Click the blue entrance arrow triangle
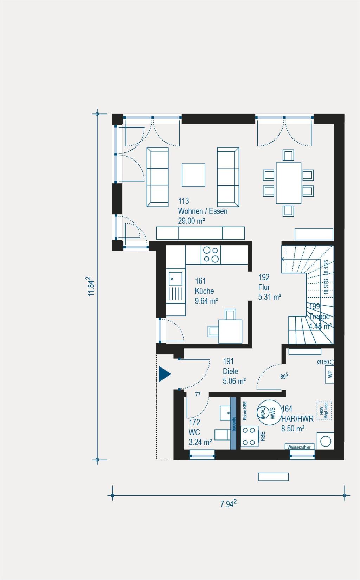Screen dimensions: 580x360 click(164, 374)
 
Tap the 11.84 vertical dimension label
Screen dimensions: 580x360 click(91, 287)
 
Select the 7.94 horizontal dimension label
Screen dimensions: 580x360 click(228, 504)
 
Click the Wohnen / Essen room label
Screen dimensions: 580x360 click(202, 211)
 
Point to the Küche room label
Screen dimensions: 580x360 click(205, 291)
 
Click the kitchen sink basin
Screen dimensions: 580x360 click(175, 279)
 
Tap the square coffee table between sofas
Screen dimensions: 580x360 click(193, 175)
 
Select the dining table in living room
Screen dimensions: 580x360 click(289, 183)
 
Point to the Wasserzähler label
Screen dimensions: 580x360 click(299, 447)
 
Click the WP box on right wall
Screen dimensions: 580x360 click(330, 374)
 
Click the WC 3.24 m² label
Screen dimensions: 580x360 click(200, 432)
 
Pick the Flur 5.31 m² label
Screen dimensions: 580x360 click(269, 287)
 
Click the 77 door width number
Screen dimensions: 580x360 click(198, 395)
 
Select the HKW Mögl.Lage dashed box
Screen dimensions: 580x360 click(324, 410)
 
